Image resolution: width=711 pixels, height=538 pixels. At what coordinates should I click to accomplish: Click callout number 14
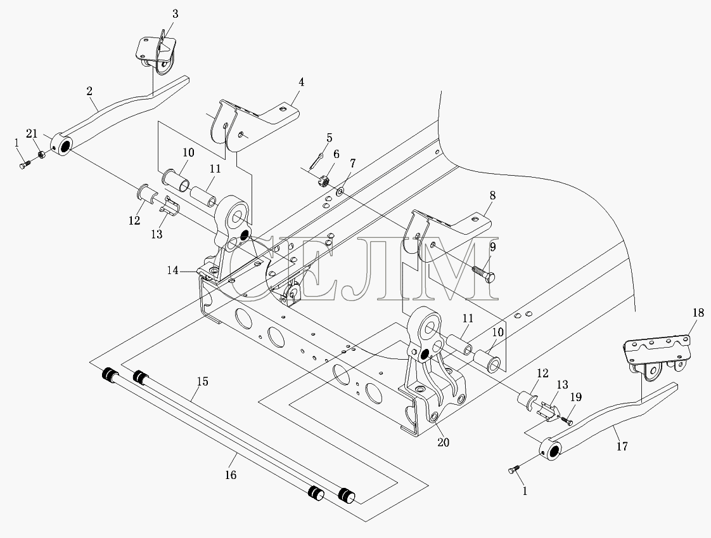click(173, 271)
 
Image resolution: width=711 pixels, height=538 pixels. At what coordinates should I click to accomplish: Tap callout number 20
click(443, 442)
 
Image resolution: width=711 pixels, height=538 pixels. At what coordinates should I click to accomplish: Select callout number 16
click(231, 475)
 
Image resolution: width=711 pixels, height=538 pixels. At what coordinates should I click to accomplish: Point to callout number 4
click(301, 82)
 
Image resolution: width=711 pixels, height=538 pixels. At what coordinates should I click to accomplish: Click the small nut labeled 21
click(41, 155)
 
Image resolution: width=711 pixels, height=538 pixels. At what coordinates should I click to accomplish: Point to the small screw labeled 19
click(567, 421)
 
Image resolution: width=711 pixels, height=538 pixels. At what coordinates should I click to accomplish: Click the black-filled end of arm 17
click(553, 450)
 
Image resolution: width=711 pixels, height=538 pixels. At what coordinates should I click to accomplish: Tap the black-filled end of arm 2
click(65, 146)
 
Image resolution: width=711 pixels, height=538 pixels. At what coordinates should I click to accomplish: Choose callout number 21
click(31, 133)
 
